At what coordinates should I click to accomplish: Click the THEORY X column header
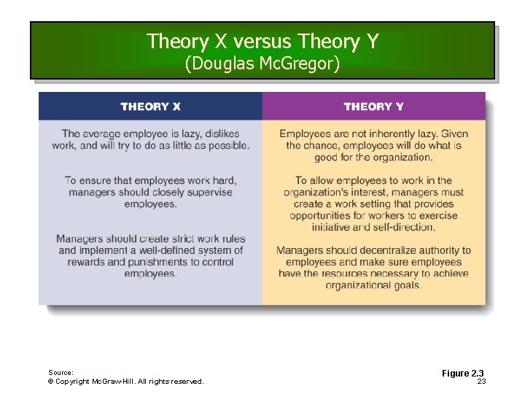(150, 107)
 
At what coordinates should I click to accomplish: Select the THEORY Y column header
(373, 107)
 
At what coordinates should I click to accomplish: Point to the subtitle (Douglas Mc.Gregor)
(262, 64)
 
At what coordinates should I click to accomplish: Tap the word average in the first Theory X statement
(104, 134)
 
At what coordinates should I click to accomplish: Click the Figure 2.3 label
(463, 374)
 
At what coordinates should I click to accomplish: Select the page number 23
(481, 381)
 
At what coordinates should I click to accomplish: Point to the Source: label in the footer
(61, 372)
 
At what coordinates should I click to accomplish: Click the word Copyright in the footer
(73, 381)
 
